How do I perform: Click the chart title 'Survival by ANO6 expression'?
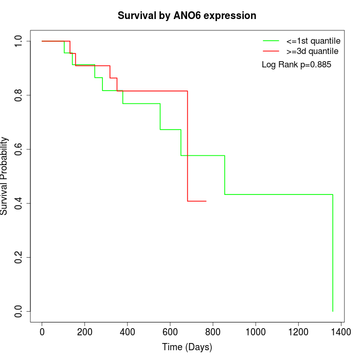click(187, 15)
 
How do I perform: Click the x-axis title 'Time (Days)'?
click(187, 347)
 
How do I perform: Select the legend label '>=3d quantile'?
click(312, 51)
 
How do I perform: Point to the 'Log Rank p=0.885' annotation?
click(296, 65)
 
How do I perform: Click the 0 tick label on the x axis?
click(42, 332)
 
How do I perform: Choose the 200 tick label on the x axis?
click(85, 332)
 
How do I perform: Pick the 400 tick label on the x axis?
click(128, 332)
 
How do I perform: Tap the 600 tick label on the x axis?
click(170, 332)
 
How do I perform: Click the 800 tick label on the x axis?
click(213, 332)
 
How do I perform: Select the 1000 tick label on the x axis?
click(256, 332)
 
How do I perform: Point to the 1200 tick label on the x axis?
click(298, 332)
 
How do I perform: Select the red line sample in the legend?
click(271, 51)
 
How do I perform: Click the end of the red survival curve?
click(206, 201)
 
